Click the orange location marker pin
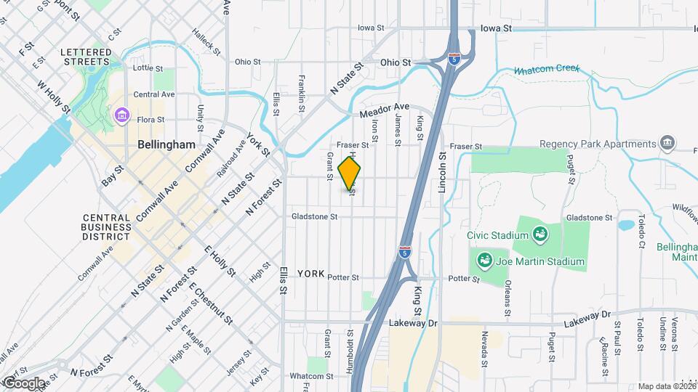(350, 173)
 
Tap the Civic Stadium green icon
(540, 234)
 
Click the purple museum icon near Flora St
(121, 115)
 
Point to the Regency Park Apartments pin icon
(666, 143)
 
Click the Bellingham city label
(167, 144)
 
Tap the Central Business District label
(106, 226)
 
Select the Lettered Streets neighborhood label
(87, 57)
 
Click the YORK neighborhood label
(310, 274)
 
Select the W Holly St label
(55, 96)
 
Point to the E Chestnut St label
(211, 300)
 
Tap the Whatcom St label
(310, 376)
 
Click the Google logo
(24, 383)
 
